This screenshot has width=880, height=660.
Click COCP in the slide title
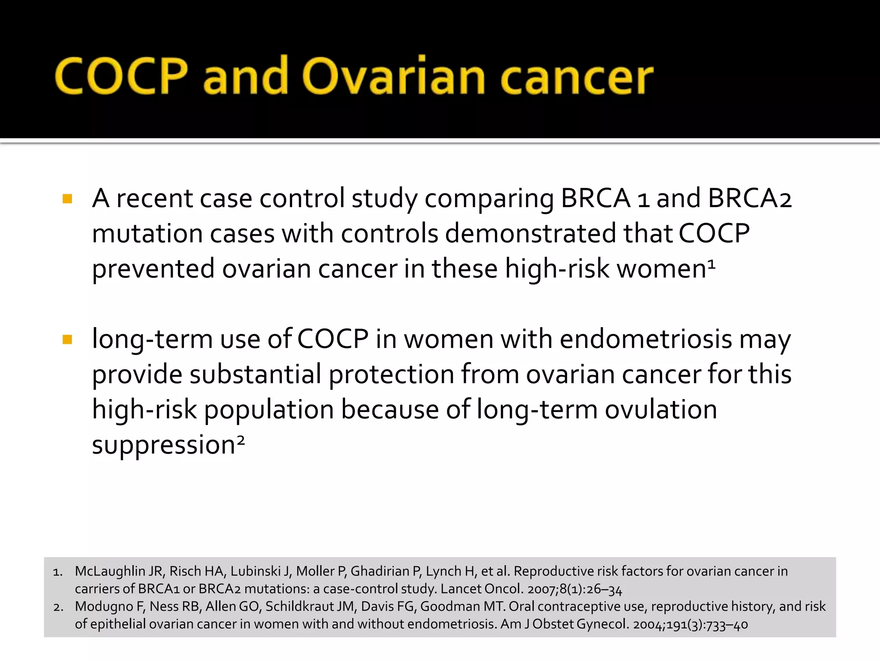click(121, 76)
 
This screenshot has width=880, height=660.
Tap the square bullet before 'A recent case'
click(67, 199)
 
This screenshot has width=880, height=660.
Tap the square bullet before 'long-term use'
click(67, 340)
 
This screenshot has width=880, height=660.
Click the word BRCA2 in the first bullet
click(749, 199)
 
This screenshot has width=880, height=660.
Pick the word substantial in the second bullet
click(255, 374)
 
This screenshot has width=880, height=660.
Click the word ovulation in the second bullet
click(661, 409)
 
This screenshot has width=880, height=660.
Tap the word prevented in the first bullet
click(153, 269)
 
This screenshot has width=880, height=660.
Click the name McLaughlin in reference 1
click(110, 571)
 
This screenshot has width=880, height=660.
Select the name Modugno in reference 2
click(104, 606)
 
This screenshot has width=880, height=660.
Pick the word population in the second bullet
click(269, 409)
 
